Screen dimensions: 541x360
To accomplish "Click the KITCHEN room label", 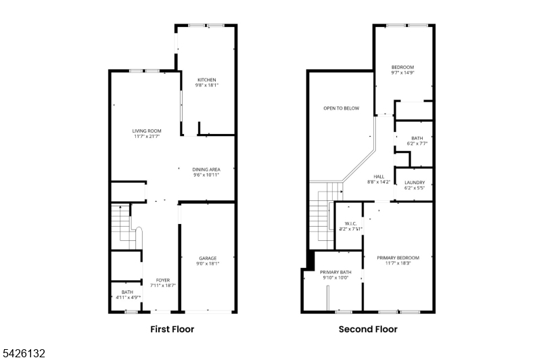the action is coord(207,80).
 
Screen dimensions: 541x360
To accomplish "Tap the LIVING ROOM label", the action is coord(147,131).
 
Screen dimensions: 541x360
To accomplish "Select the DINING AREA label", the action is coord(206,169).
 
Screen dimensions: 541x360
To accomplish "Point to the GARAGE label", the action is coord(208,258).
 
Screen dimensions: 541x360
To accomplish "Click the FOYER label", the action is coord(163,280).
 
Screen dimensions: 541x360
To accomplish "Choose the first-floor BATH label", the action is coord(127,292).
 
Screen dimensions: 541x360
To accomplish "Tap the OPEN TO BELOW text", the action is coord(342,108).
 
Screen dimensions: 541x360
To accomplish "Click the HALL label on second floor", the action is coord(379,177).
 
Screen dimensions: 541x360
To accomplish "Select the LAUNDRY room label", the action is coord(415,183).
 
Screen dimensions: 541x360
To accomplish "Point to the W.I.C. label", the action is coord(350,223).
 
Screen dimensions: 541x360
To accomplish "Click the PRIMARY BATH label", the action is coord(335,272).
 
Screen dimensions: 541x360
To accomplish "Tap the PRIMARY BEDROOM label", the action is coord(398,258).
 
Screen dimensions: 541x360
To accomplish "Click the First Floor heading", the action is coord(172,330).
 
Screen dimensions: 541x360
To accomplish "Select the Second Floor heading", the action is coord(368,330).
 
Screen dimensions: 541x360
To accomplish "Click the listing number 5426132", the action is coord(24,353).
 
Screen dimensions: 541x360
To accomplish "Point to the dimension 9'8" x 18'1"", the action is coord(207,85).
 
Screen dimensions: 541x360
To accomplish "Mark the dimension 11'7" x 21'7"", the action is coord(147,136).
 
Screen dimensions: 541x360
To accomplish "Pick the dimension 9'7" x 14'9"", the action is coord(402,73).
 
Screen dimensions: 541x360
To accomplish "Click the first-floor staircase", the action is coord(126,227).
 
